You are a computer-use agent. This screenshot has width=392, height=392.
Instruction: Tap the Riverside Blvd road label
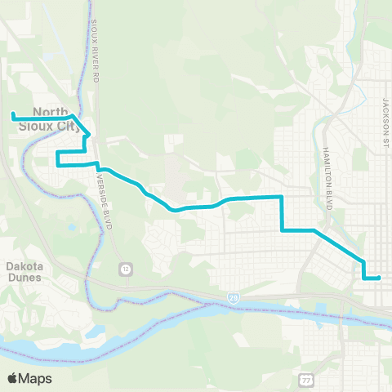point(102,200)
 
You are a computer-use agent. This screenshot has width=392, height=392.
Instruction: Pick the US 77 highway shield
point(305,381)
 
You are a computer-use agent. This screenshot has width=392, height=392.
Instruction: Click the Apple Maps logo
point(29,378)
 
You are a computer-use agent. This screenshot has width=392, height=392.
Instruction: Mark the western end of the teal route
point(13,114)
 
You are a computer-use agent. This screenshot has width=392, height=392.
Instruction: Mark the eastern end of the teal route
point(380,278)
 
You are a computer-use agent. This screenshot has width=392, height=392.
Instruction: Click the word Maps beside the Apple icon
point(36,378)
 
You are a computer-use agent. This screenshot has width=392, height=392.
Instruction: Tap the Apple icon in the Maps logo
point(12,377)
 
